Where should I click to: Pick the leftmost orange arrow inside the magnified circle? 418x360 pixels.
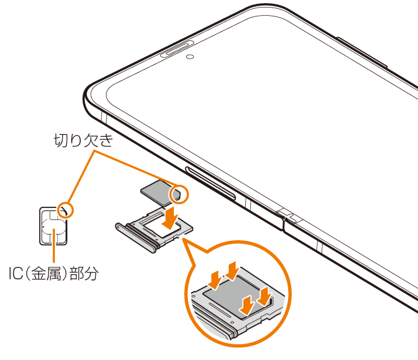216,277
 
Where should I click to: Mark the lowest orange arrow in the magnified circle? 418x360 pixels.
248,304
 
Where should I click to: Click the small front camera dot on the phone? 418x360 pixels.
189,55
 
